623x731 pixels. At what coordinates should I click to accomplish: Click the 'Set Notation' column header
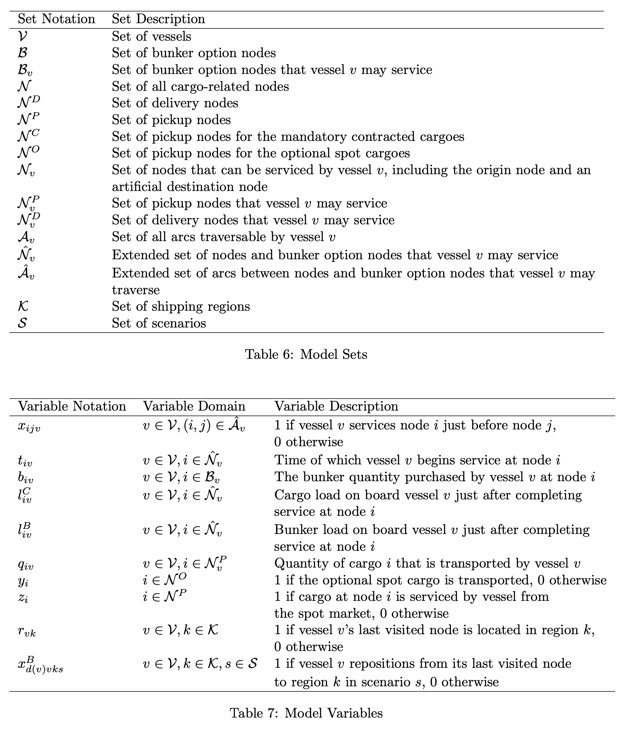(x=56, y=19)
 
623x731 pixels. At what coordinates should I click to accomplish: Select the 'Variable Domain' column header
(x=194, y=407)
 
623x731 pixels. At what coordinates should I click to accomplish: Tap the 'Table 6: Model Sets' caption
(x=306, y=354)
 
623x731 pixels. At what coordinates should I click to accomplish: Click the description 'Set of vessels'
(x=152, y=36)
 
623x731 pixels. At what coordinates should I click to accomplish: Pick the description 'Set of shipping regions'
(x=181, y=306)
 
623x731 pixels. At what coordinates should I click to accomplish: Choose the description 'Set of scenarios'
(x=159, y=323)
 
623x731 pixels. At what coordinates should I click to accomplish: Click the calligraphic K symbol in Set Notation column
(x=23, y=306)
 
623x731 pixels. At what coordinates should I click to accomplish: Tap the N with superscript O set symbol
(x=28, y=152)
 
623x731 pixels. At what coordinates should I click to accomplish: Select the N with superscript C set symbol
(x=28, y=136)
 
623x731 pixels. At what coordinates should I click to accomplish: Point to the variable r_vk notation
(x=27, y=631)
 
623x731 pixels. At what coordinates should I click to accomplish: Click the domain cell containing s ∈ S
(x=200, y=664)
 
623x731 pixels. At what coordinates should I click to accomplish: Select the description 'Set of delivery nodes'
(x=175, y=103)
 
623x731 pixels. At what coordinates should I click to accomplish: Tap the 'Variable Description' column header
(x=336, y=407)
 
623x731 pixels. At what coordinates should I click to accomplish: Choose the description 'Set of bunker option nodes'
(x=194, y=53)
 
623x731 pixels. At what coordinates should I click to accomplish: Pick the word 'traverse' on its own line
(x=136, y=290)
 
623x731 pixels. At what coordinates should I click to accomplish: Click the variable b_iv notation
(x=26, y=478)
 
